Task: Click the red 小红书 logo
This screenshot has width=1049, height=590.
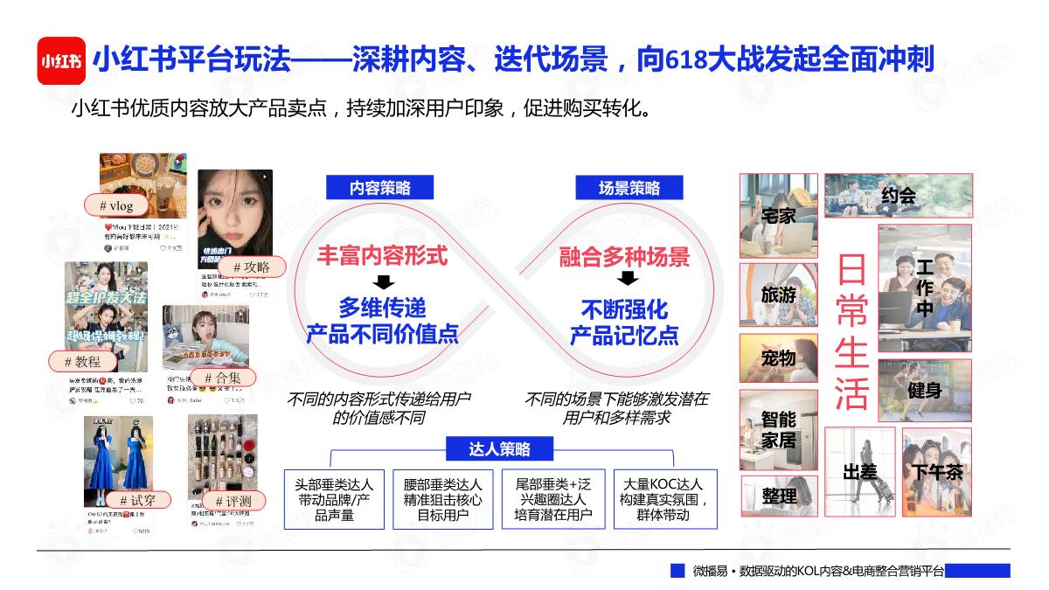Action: pos(61,61)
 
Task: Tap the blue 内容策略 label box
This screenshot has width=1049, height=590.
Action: pos(380,188)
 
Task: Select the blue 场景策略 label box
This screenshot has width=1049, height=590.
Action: pos(629,188)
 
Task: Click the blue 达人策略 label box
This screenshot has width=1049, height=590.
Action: pos(499,449)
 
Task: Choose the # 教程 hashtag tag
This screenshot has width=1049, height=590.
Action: pos(82,361)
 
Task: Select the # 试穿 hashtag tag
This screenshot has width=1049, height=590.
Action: pos(137,500)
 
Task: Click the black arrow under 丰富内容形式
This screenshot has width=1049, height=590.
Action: pos(382,281)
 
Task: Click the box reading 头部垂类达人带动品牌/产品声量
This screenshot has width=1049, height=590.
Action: pos(334,499)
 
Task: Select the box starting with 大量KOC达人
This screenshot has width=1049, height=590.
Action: pos(663,499)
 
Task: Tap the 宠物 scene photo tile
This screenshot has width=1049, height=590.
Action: pos(779,357)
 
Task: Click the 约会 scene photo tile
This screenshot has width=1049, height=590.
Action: pos(897,196)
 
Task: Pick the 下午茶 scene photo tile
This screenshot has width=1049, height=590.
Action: pos(937,471)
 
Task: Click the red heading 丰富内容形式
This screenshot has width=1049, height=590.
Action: pos(382,256)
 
